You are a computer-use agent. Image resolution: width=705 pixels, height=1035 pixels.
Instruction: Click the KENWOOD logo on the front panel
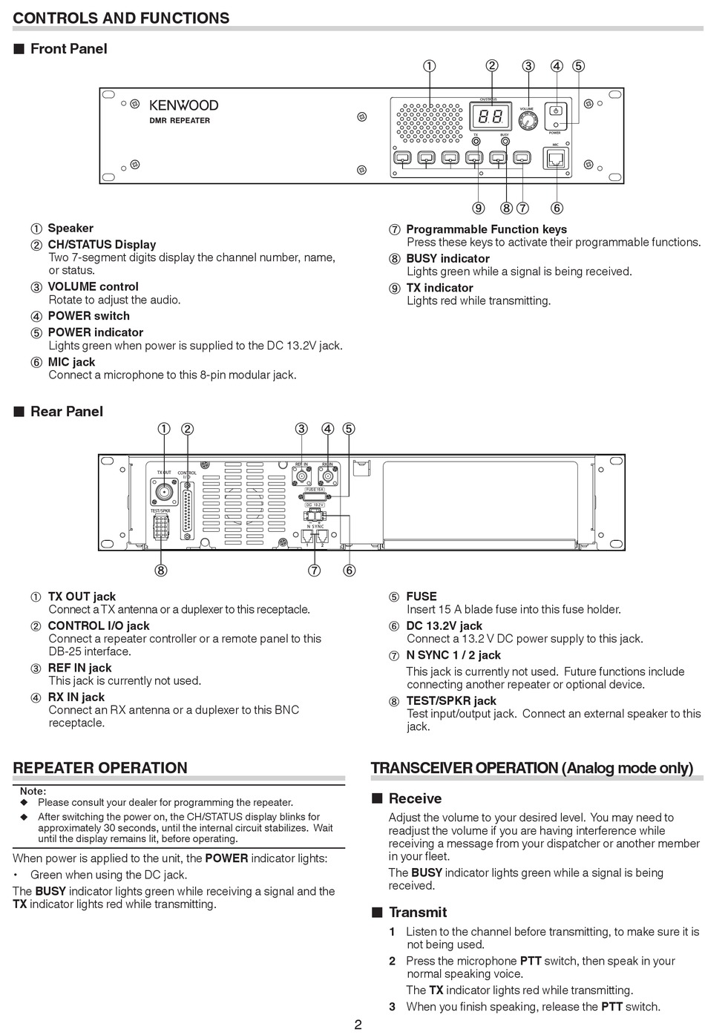pos(184,105)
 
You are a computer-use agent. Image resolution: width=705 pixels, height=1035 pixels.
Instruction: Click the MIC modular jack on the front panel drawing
pos(555,158)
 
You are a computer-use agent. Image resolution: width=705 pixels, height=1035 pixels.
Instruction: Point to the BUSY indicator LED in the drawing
pos(505,141)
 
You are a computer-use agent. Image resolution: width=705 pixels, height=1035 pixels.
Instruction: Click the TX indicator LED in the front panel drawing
pos(476,141)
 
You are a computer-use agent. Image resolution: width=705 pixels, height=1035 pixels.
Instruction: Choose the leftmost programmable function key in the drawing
pos(402,157)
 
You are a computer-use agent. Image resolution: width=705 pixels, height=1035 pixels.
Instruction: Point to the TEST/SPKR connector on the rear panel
pos(161,527)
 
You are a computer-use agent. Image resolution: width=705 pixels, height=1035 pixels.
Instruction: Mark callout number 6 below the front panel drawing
pos(557,208)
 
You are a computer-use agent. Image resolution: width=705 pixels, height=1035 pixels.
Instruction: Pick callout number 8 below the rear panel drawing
pos(161,571)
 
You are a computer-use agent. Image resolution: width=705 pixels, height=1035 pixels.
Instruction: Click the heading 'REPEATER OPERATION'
pos(100,768)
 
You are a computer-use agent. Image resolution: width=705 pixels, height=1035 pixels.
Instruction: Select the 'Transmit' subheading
pos(417,913)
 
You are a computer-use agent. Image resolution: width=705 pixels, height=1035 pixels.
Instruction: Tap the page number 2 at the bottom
pos(358,1025)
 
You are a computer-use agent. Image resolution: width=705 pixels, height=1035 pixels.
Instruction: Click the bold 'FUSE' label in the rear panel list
pos(422,597)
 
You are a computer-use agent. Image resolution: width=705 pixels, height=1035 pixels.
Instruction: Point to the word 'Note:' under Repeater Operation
pos(33,791)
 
